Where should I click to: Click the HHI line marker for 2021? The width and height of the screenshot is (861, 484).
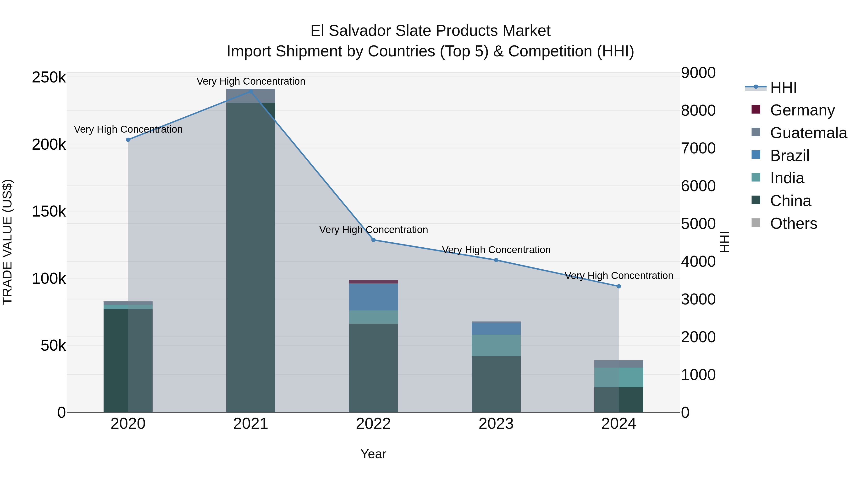coord(251,91)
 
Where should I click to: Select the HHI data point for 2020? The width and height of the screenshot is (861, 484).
coord(128,140)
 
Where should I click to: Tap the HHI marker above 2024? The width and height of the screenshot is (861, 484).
coord(619,286)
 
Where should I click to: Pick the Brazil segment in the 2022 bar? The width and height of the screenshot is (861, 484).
coord(373,297)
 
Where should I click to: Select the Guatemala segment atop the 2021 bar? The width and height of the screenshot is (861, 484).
coord(251,96)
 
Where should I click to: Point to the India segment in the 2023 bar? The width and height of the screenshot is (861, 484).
coord(496,345)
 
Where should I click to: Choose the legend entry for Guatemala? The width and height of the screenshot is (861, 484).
coord(808,133)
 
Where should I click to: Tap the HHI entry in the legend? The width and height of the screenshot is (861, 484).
coord(783,87)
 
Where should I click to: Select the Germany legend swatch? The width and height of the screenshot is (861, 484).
coord(756,109)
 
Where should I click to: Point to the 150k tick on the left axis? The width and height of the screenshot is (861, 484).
coord(49,212)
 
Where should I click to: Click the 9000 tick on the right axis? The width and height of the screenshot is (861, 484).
coord(698,73)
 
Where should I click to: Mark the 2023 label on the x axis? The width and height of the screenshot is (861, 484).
coord(496,424)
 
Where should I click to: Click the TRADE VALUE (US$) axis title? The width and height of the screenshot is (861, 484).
coord(7,242)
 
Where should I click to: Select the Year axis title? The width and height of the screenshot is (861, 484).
coord(373,454)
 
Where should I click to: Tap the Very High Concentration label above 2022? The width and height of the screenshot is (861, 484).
coord(373,230)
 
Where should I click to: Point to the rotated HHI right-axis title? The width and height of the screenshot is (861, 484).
coord(724,242)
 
